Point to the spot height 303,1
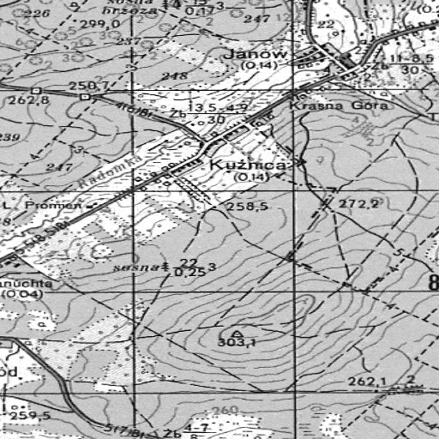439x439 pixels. (x=238, y=343)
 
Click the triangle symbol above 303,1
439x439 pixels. (x=237, y=332)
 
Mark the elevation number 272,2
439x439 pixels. (x=358, y=204)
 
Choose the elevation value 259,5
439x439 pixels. (x=31, y=416)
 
